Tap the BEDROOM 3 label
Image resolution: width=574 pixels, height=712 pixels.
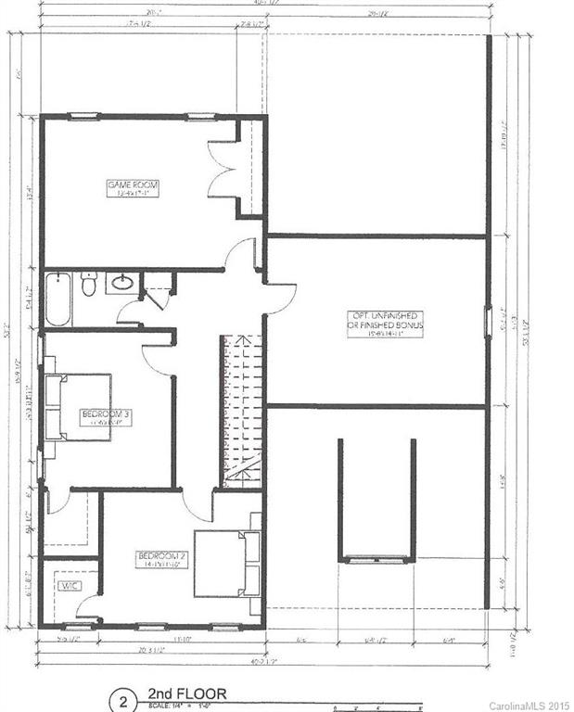coord(105,416)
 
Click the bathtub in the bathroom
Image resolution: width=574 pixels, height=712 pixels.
coord(57,299)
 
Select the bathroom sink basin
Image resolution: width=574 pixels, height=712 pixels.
coord(121,283)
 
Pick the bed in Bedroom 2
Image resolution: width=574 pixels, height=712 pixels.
coord(223,564)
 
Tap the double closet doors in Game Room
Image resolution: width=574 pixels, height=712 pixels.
coord(223,167)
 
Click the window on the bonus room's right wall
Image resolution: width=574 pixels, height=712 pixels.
coord(488,321)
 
